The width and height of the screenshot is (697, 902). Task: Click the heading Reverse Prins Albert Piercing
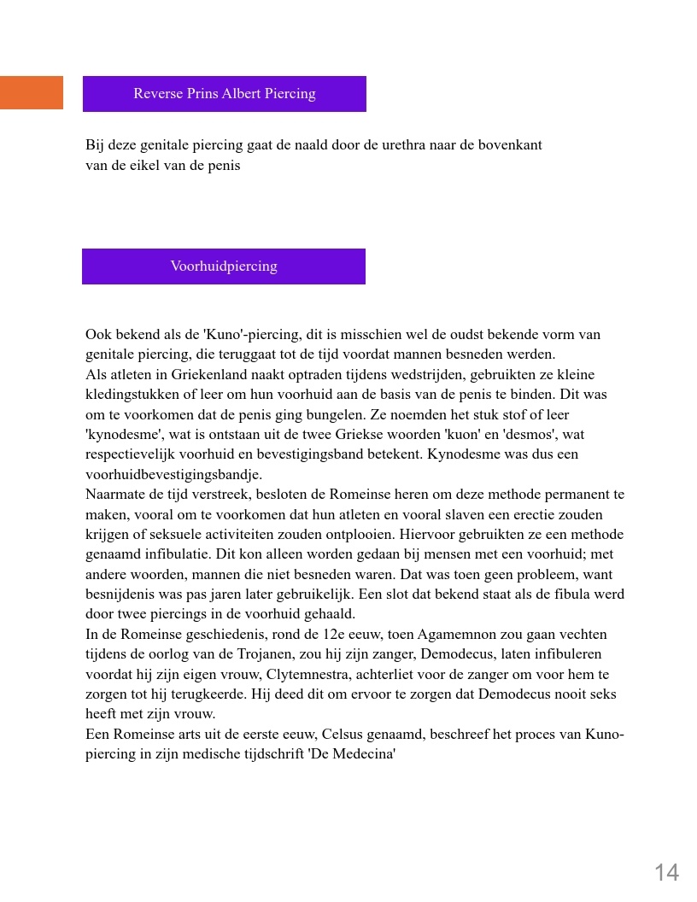224,94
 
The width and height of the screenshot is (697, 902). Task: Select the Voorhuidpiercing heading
224,266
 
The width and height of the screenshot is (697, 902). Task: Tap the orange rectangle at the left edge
31,92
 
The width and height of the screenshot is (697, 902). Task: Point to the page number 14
666,872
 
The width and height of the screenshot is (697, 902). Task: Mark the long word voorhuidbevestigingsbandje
173,475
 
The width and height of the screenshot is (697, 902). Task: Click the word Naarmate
114,495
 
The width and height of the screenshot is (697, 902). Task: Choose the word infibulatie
174,554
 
